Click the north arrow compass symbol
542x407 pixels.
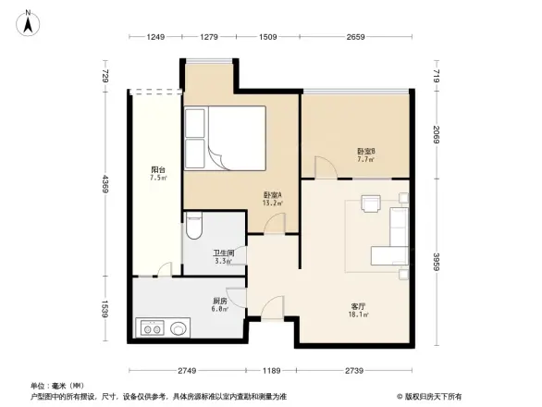[x=29, y=20]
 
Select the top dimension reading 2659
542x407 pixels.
[x=354, y=37]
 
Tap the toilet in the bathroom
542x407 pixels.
[x=193, y=227]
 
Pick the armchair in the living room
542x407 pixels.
[x=371, y=203]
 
